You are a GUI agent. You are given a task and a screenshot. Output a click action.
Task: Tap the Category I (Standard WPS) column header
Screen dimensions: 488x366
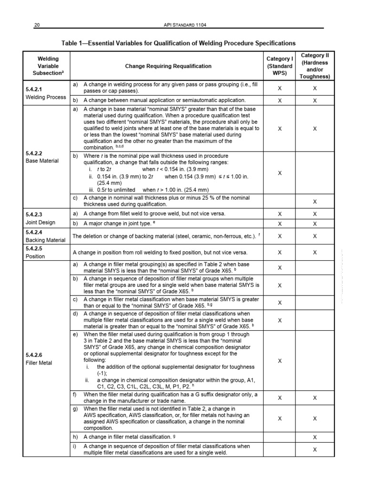click(279, 66)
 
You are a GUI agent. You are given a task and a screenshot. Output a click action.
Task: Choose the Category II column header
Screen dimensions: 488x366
click(315, 66)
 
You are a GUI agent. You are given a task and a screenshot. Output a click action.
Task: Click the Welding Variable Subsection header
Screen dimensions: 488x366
click(48, 66)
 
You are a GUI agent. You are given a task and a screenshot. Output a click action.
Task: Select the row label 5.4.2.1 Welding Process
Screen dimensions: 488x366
click(46, 93)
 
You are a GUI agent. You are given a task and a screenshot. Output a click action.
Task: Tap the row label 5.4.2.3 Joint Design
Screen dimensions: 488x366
click(41, 218)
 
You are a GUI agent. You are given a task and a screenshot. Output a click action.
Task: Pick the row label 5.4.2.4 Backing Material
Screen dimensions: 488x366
click(45, 236)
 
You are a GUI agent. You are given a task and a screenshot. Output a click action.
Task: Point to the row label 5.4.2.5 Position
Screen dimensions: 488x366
click(36, 252)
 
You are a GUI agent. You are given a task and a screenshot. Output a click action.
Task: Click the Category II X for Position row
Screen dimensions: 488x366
click(315, 252)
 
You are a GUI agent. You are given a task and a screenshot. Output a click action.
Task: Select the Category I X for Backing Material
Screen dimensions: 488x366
click(279, 236)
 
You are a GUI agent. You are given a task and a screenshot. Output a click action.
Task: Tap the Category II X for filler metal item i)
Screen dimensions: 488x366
click(315, 449)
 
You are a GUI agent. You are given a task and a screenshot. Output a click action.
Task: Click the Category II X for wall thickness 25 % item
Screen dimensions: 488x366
click(315, 202)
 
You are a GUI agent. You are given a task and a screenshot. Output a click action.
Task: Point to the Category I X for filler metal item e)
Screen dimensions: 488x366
click(279, 361)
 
